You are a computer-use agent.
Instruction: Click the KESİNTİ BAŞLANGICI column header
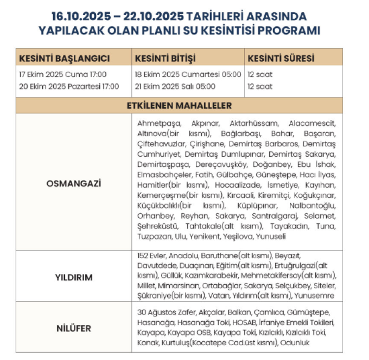click(64, 58)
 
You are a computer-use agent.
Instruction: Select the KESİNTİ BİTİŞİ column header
click(165, 58)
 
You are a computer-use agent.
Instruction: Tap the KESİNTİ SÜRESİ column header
click(281, 58)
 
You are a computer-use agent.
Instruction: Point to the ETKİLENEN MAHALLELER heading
click(179, 106)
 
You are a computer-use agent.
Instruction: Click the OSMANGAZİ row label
click(73, 183)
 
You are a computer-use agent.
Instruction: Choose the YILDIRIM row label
click(73, 277)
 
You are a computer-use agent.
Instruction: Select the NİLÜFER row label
click(73, 328)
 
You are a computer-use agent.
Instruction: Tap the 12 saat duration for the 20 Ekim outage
click(260, 87)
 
